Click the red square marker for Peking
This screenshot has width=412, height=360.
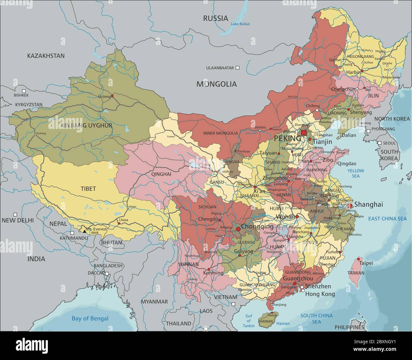click(304, 133)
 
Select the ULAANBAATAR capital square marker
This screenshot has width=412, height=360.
click(237, 67)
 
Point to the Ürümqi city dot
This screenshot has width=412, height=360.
click(112, 95)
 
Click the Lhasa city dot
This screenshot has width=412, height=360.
click(119, 223)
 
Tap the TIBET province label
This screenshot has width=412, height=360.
click(88, 189)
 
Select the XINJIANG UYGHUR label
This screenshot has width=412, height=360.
click(87, 125)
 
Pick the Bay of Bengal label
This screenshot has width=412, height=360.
click(90, 319)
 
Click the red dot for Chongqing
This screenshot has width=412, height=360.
click(238, 229)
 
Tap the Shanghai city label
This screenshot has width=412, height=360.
click(369, 204)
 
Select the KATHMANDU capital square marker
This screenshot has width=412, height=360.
click(73, 233)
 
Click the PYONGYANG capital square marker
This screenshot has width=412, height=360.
click(368, 131)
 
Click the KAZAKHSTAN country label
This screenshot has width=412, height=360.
click(46, 56)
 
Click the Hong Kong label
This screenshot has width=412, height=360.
click(320, 294)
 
